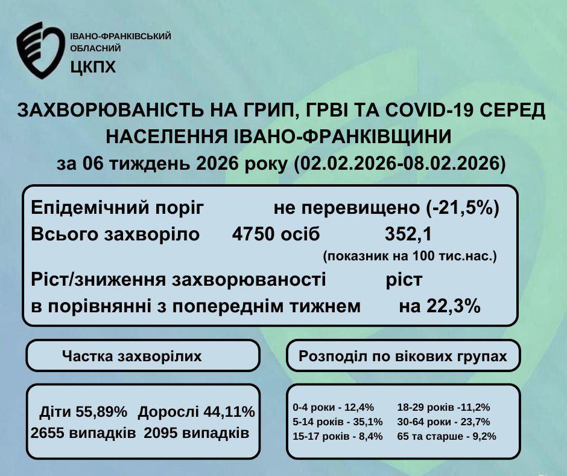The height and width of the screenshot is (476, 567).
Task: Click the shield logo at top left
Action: click(39, 50)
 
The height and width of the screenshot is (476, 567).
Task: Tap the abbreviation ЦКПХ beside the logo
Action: click(93, 66)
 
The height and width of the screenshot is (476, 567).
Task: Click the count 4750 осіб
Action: click(276, 234)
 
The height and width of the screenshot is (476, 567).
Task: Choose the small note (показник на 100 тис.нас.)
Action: click(410, 256)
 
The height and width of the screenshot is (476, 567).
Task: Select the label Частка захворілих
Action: click(131, 356)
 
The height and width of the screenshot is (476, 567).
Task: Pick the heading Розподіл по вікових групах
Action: click(403, 356)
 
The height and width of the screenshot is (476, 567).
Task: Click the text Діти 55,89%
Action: click(83, 413)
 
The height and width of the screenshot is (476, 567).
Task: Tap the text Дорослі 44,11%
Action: click(196, 413)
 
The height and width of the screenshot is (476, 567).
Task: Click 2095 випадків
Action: click(196, 433)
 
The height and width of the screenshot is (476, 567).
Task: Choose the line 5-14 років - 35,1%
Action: click(337, 422)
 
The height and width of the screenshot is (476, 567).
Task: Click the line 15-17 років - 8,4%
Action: click(337, 436)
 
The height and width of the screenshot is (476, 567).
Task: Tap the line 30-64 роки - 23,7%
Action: click(443, 422)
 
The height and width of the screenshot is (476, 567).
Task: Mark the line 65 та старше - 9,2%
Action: click(446, 436)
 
